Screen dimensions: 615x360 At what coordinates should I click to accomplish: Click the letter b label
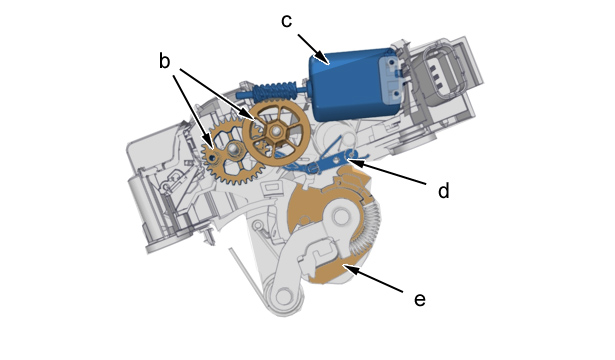coord(164,61)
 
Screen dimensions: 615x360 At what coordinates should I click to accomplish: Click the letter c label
coord(287,21)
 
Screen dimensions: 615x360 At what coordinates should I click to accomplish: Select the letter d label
coord(443,191)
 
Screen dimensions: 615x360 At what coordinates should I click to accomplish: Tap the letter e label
coord(420,300)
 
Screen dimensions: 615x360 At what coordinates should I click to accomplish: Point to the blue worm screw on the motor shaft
coord(275,91)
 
